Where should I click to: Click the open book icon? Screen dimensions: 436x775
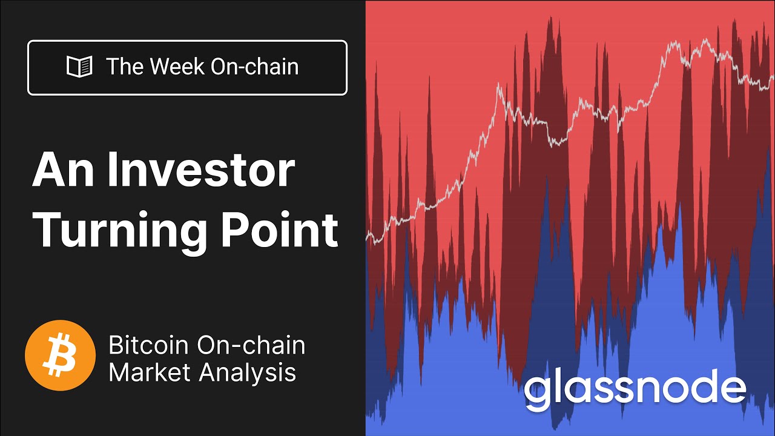pos(79,67)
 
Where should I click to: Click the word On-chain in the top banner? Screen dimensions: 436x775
pos(254,67)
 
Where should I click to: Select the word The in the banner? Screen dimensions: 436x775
pos(125,67)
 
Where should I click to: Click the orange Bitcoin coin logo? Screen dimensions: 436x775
pos(60,355)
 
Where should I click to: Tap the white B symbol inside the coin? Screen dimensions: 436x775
pos(60,355)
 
